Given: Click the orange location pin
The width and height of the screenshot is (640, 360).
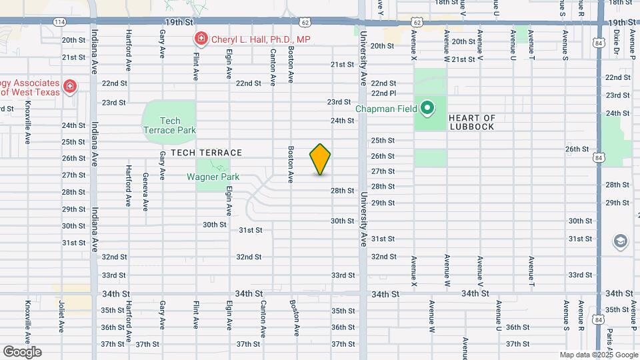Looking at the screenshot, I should click(321, 159).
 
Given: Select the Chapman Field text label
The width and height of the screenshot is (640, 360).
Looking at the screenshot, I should click(386, 109).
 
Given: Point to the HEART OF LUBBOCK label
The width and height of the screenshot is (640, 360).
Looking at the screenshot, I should click(471, 122).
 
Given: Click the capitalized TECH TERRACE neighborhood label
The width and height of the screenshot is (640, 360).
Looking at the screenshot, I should click(206, 153).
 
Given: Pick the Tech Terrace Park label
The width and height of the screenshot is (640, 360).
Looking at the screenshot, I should click(171, 125).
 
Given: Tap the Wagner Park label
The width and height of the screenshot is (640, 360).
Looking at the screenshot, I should click(213, 177).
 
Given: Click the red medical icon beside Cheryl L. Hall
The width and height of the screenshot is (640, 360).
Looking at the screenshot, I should click(200, 39).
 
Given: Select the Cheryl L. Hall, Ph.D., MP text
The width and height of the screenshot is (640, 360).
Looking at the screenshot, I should click(261, 39).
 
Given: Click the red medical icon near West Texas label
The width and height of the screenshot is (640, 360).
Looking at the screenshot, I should click(69, 87).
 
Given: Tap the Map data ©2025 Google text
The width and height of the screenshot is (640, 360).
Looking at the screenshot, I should click(598, 355).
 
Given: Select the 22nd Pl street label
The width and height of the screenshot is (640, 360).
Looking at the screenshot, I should click(384, 93).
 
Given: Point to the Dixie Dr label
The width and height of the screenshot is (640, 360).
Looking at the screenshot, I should click(617, 41).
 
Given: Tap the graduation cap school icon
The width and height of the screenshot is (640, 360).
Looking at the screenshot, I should click(621, 241).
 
